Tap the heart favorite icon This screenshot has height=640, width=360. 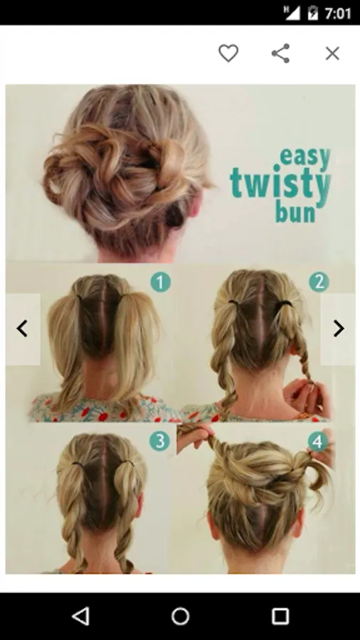pos(228,53)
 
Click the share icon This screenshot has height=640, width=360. pos(281,53)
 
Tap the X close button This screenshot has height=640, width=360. pos(332,53)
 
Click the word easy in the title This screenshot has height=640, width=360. pos(305,158)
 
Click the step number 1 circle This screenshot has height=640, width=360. pos(160,282)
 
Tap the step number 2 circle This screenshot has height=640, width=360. pos(319,282)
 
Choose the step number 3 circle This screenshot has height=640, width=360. pos(159,441)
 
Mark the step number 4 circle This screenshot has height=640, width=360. pos(317,442)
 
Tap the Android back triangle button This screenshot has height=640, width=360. pos(80,616)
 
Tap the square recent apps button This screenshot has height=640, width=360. pos(280,616)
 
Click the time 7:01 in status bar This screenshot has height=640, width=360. pos(338,14)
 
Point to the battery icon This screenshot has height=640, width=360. pos(313,13)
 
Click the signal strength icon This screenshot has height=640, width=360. pos(292,13)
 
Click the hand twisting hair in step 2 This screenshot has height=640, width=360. pos(306,395)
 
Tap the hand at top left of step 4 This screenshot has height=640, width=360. pos(195,437)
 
